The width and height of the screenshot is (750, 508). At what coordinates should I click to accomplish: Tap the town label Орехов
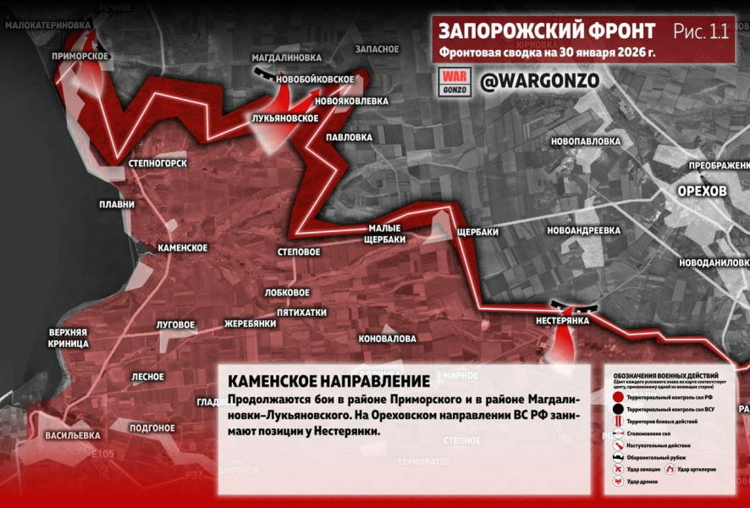[702, 191]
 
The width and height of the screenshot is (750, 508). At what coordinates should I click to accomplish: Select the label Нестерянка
[562, 322]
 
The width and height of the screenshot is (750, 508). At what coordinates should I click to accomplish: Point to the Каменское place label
[183, 247]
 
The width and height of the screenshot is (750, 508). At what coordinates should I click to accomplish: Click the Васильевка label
[73, 435]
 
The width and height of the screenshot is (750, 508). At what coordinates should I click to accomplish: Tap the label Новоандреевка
[584, 230]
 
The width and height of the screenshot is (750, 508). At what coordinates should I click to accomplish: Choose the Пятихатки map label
[301, 312]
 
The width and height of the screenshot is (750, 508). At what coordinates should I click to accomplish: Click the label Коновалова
[388, 339]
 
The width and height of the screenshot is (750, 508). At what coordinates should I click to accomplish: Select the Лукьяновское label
[285, 119]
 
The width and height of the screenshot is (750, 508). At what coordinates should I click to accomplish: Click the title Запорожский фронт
[546, 31]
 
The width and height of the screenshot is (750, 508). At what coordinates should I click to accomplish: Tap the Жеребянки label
[251, 323]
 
